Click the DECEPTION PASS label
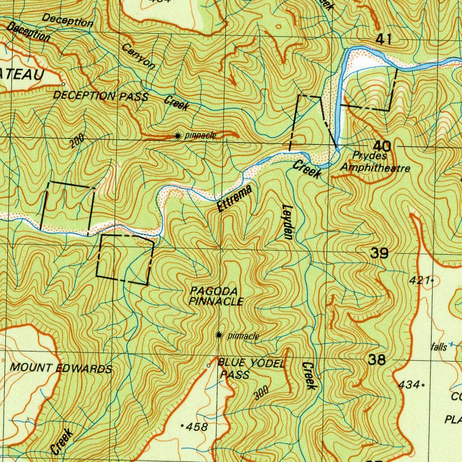101,96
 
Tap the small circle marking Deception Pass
63,84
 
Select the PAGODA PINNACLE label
217,296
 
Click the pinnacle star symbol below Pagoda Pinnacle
219,335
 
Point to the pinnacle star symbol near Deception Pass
179,135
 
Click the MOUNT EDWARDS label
61,368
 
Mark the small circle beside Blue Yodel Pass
208,365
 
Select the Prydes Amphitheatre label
374,162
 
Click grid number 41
383,40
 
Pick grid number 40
382,146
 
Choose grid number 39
379,254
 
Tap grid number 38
377,360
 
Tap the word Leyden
287,221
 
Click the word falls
438,346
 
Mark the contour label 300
261,393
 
